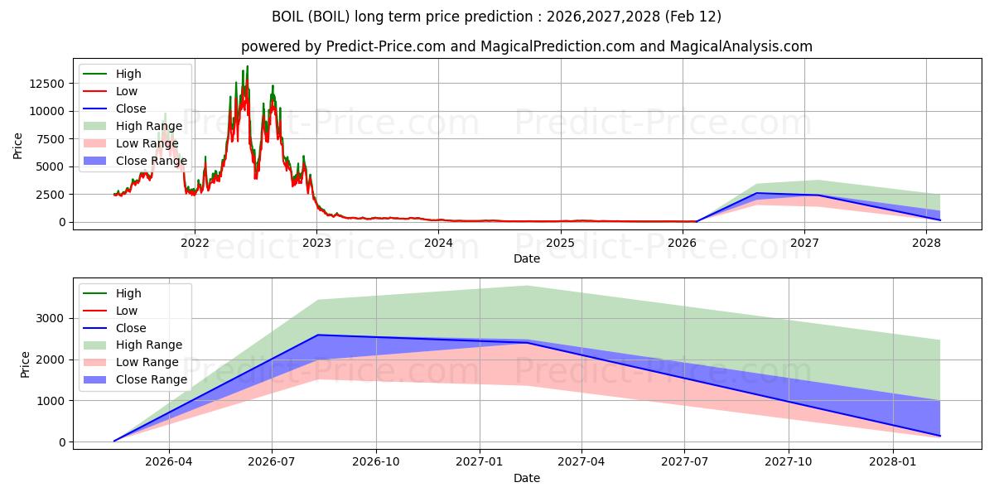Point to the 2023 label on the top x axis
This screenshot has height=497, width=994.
(x=316, y=243)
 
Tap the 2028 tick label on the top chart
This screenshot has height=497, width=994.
(x=926, y=243)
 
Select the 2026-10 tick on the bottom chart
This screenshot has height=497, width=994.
(x=376, y=462)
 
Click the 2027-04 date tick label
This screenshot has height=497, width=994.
(x=581, y=462)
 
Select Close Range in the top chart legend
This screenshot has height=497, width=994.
(x=151, y=161)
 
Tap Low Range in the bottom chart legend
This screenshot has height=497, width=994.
(x=147, y=362)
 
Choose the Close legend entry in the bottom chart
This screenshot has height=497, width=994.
(x=131, y=328)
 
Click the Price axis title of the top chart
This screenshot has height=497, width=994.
(x=18, y=145)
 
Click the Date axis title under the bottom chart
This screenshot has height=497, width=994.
(x=527, y=478)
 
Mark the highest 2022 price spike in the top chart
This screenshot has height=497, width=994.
(x=247, y=66)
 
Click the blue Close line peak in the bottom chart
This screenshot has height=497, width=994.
(x=319, y=335)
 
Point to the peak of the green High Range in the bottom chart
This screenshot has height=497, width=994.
(x=528, y=286)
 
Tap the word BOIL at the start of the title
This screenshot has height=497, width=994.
(x=288, y=17)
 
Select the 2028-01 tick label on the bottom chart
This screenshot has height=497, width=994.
(x=894, y=462)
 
